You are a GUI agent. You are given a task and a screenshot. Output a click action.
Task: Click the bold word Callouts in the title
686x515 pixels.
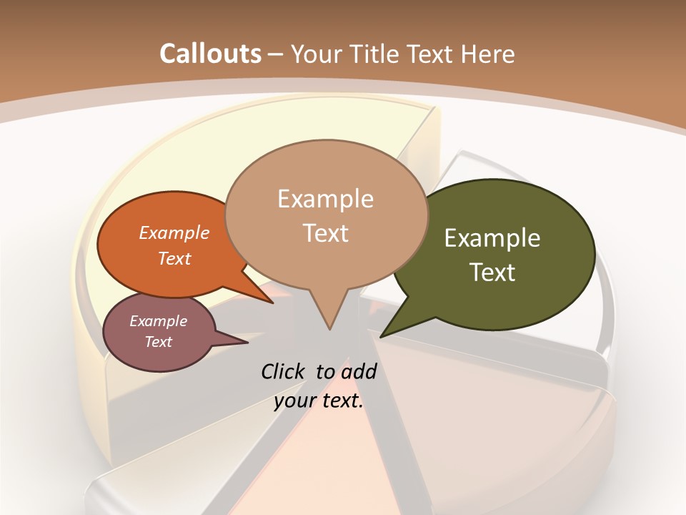210,54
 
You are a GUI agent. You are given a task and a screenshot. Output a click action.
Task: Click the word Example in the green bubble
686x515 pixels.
492,238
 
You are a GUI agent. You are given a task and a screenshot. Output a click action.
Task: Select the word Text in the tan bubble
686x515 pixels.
326,233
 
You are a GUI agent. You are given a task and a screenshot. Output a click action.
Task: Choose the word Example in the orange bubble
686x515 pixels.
174,232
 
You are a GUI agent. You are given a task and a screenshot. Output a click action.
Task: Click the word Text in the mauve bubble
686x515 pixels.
159,342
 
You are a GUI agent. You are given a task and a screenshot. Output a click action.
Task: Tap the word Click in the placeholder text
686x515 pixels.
284,371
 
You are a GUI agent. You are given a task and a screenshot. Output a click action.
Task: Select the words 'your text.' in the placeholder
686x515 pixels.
319,401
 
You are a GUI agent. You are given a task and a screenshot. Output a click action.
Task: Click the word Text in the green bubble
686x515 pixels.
493,273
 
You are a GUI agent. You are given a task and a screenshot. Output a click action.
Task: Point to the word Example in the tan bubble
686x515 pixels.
326,199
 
